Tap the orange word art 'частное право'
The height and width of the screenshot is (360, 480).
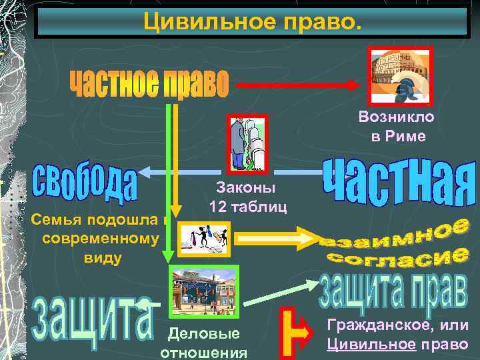pyautogui.click(x=148, y=85)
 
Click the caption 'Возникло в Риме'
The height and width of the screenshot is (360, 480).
pyautogui.click(x=396, y=127)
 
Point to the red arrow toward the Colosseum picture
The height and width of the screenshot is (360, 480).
pyautogui.click(x=300, y=85)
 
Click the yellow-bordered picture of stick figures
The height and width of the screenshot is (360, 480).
pyautogui.click(x=205, y=239)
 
